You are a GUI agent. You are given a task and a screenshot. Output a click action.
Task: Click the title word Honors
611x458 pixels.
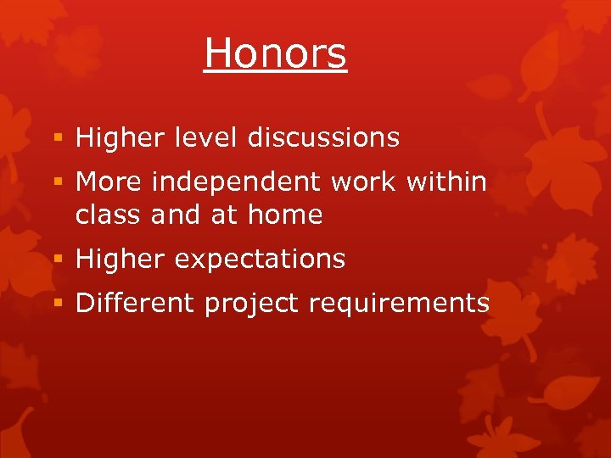click(x=275, y=53)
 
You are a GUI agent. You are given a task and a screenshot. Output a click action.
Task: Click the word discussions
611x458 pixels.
click(x=323, y=137)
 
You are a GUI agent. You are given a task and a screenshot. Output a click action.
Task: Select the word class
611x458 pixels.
click(x=109, y=215)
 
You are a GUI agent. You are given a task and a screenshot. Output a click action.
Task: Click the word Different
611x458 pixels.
click(x=135, y=304)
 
